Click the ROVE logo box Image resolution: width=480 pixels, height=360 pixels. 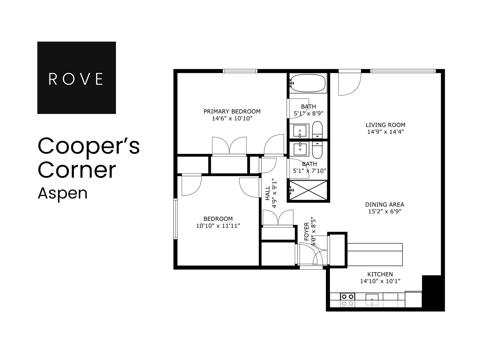(76, 78)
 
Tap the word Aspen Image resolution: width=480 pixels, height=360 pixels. (63, 194)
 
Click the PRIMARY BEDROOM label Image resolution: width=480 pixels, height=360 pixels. (232, 111)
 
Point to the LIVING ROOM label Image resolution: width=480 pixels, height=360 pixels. (385, 125)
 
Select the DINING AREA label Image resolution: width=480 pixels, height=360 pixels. (385, 204)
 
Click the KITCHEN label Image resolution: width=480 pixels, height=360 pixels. (380, 274)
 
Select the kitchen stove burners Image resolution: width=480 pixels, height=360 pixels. (348, 300)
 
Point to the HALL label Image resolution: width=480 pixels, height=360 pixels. (268, 193)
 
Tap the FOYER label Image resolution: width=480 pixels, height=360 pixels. (306, 231)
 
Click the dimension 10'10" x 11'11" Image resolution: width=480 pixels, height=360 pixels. (218, 226)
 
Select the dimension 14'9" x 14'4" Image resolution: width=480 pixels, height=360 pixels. (385, 132)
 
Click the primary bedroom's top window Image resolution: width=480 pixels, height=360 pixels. (240, 71)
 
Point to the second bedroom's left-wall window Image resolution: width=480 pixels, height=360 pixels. (175, 219)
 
